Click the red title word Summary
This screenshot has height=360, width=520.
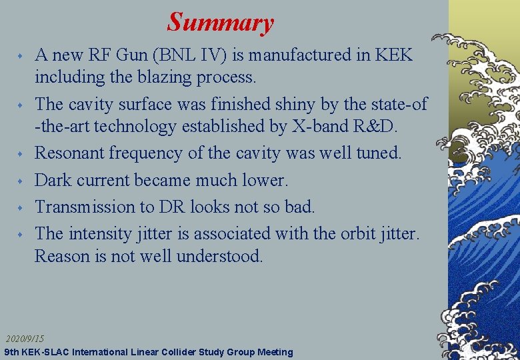[x=221, y=22]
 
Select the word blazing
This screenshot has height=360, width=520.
[x=149, y=77]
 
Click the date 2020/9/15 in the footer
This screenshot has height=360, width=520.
[x=24, y=339]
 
